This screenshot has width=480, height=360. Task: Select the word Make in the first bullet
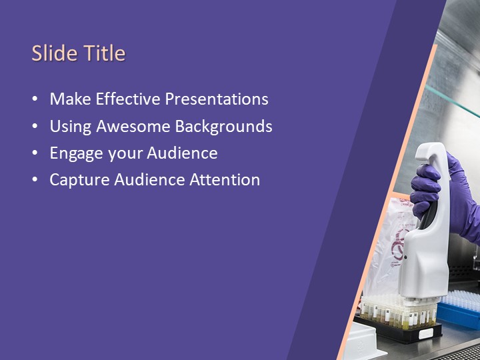point(70,99)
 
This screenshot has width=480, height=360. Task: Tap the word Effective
point(127,99)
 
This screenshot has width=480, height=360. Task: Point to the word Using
point(71,127)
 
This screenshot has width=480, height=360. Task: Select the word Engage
point(75,153)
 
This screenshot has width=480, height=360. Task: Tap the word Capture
point(77,179)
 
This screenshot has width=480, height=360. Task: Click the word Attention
point(225,179)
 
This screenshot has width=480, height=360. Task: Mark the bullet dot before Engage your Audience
point(35,153)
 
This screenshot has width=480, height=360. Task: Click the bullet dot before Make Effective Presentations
point(35,100)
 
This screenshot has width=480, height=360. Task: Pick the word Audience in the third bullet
point(182,153)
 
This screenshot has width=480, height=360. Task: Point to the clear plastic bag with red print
point(387,247)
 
